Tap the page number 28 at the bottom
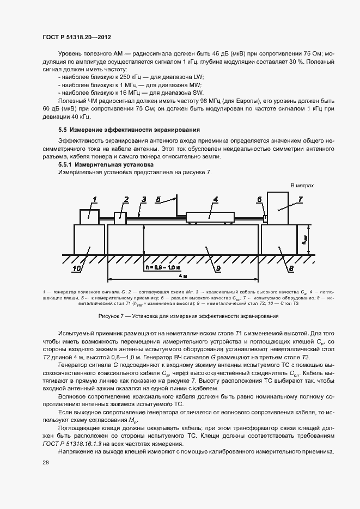[x=45, y=462]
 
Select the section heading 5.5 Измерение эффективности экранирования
[x=130, y=130]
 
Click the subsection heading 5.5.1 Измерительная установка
[x=107, y=164]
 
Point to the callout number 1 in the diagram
[x=94, y=200]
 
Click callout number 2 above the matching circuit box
[x=126, y=200]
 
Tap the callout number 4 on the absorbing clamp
[x=215, y=200]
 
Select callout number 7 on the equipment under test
[x=299, y=200]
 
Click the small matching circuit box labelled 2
[x=120, y=216]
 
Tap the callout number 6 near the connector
[x=259, y=200]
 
